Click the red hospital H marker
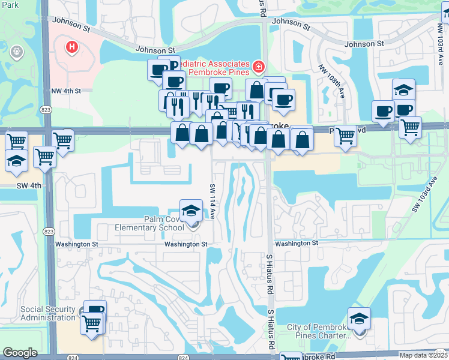pyautogui.click(x=71, y=46)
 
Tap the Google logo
pyautogui.click(x=20, y=353)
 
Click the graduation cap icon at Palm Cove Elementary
pyautogui.click(x=191, y=211)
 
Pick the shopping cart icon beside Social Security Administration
pyautogui.click(x=92, y=324)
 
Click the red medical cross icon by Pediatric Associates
pyautogui.click(x=258, y=67)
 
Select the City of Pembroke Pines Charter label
pyautogui.click(x=318, y=331)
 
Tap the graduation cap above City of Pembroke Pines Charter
pyautogui.click(x=359, y=318)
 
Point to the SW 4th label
pyautogui.click(x=29, y=185)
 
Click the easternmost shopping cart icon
pyautogui.click(x=411, y=127)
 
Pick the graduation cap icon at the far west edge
pyautogui.click(x=16, y=160)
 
